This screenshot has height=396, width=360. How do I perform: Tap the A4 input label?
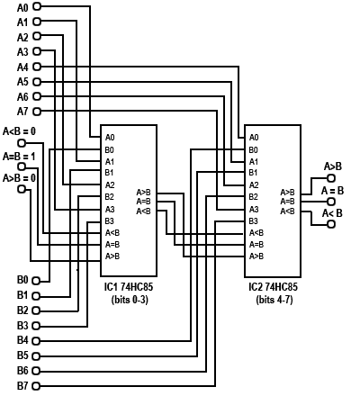click(22, 67)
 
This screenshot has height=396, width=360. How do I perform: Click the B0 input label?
click(22, 280)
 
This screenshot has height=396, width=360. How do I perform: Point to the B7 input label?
click(22, 386)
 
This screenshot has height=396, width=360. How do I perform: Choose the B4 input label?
click(22, 340)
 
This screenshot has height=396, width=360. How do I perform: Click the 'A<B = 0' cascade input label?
click(20, 131)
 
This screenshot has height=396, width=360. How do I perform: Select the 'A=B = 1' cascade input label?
click(20, 155)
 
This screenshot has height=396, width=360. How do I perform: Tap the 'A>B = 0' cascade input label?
click(20, 177)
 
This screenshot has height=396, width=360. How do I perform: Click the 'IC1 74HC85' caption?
click(129, 286)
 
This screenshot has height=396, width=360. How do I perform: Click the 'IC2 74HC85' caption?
click(273, 286)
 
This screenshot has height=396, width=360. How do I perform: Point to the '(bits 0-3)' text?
click(129, 298)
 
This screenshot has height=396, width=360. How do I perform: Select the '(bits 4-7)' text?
click(273, 298)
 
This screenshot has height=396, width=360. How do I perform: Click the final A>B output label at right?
click(332, 166)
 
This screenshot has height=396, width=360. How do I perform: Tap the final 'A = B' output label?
click(333, 190)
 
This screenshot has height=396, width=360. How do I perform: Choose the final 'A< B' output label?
click(332, 213)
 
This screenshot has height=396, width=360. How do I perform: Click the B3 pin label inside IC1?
click(109, 220)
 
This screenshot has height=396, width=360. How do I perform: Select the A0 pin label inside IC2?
click(254, 138)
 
